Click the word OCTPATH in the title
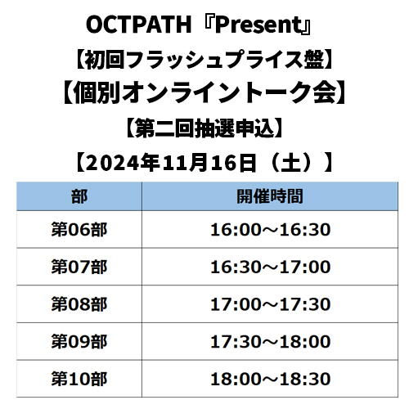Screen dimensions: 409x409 [138, 25]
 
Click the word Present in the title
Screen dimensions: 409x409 [258, 25]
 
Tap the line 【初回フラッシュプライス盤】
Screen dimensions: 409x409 [204, 59]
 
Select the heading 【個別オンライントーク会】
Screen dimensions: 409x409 [204, 92]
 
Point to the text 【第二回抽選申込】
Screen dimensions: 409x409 [204, 128]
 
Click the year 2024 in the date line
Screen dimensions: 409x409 [113, 163]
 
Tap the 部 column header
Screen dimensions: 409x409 [79, 196]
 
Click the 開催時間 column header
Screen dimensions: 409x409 [270, 196]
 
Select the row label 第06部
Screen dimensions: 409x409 [79, 230]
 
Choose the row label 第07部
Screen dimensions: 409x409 [79, 267]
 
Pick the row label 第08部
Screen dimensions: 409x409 [79, 304]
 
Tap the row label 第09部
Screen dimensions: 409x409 [79, 342]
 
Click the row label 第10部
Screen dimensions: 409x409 [79, 379]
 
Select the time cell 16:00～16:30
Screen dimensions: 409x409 [271, 230]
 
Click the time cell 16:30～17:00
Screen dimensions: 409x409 [271, 267]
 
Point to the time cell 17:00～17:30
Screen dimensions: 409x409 [271, 304]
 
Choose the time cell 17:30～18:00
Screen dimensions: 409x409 [271, 342]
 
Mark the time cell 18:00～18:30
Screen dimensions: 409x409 [271, 379]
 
